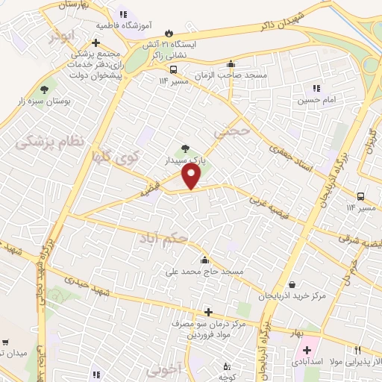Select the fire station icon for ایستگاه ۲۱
coord(169,33)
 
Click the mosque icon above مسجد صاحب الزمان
coord(231,63)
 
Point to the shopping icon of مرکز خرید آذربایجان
coord(292,284)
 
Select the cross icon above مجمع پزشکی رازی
coord(95,42)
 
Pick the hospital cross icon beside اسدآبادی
coord(307,349)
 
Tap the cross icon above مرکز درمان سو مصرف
coord(208,313)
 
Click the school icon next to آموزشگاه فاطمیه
coord(122,14)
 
